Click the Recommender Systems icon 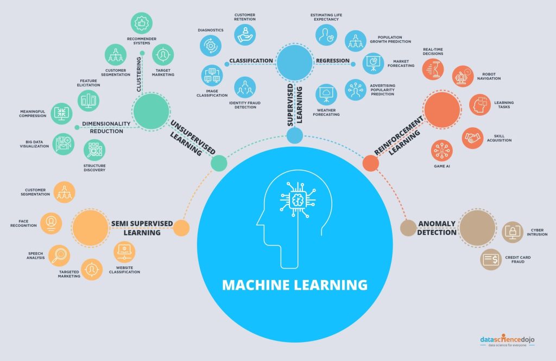click(141, 23)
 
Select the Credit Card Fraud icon click(491, 259)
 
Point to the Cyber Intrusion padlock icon click(513, 232)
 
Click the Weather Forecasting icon click(326, 94)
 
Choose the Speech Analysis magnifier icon click(59, 255)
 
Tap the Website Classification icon click(125, 252)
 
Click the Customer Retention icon click(245, 34)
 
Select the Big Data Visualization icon click(63, 144)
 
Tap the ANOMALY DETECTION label click(437, 228)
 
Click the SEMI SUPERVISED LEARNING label click(142, 228)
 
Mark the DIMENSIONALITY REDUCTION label click(103, 127)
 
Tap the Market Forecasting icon click(374, 64)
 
